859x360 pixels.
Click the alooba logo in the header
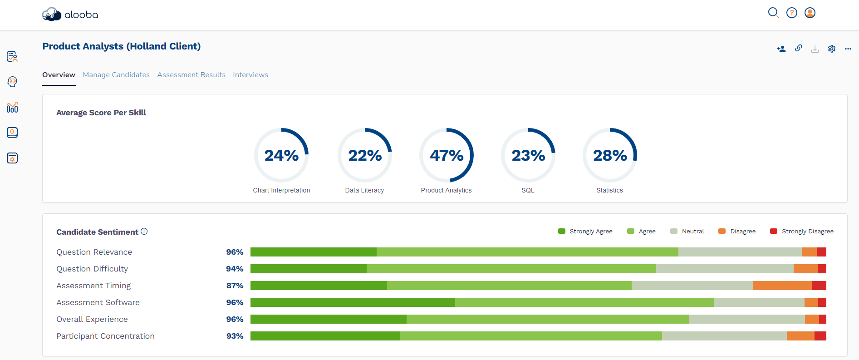tap(70, 15)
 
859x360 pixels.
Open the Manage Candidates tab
tap(116, 75)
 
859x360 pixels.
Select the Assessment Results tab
tap(191, 75)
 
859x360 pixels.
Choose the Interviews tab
tap(250, 75)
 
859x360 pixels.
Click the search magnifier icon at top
tap(773, 13)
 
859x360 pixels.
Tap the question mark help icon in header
tap(792, 13)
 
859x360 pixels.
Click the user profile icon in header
tap(810, 13)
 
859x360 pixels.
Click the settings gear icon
tap(832, 49)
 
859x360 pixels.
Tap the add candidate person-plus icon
tap(781, 49)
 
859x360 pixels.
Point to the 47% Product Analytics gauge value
tap(447, 155)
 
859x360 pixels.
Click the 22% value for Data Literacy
tap(365, 155)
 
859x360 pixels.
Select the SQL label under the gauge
tap(528, 190)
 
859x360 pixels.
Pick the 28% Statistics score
tap(610, 155)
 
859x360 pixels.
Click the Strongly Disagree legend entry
tap(802, 232)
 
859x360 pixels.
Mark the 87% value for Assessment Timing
tap(235, 286)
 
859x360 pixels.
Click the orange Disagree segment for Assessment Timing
tap(782, 286)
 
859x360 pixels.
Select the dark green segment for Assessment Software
tap(353, 302)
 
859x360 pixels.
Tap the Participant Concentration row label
tap(105, 336)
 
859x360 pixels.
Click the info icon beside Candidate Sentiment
tap(144, 232)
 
